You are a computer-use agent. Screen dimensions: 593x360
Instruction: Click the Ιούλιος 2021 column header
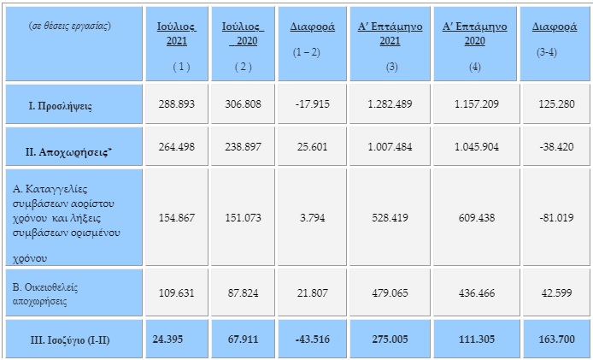[x=177, y=33]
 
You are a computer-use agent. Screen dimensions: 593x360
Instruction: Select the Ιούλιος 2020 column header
[x=243, y=33]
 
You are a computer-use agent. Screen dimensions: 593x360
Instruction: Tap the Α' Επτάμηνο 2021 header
[x=390, y=33]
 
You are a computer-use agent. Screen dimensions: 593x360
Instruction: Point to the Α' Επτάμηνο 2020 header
[x=474, y=33]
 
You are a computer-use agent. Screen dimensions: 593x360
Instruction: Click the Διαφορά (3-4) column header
[x=555, y=39]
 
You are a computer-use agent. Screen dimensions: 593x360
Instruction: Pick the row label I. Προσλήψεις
[x=60, y=106]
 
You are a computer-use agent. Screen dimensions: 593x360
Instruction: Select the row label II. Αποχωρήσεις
[x=69, y=152]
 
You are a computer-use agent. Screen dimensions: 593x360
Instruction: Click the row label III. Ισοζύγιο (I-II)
[x=70, y=340]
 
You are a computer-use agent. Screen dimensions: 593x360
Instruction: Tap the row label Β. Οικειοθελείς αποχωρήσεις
[x=45, y=294]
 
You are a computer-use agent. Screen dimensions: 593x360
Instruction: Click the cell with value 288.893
[x=177, y=104]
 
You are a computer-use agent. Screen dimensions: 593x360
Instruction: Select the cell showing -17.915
[x=313, y=104]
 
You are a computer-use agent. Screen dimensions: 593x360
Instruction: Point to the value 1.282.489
[x=390, y=104]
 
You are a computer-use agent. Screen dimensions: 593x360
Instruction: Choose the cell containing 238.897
[x=243, y=146]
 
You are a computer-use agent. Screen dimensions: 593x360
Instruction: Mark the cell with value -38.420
[x=556, y=146]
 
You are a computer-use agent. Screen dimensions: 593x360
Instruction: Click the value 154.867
[x=177, y=218]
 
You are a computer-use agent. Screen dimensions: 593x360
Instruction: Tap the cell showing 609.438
[x=477, y=218]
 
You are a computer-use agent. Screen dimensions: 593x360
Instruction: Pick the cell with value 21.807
[x=313, y=292]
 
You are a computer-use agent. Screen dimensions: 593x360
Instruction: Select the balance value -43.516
[x=313, y=339]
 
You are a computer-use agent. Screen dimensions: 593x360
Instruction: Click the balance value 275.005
[x=390, y=339]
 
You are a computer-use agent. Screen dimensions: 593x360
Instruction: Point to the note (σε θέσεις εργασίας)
[x=69, y=26]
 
